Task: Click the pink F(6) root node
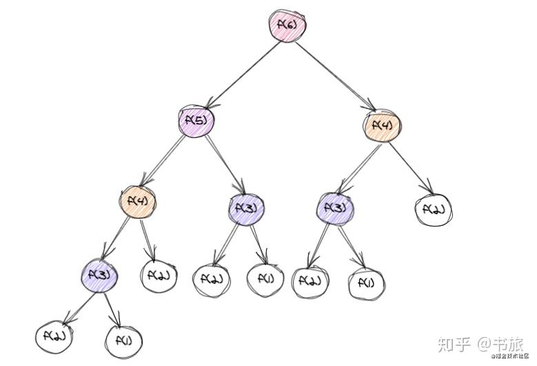[286, 26]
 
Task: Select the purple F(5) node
[196, 122]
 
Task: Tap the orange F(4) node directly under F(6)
[381, 126]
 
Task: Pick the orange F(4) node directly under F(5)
[137, 201]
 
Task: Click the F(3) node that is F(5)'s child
[246, 206]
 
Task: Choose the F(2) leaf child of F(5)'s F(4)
[159, 276]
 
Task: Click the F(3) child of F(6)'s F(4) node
[336, 207]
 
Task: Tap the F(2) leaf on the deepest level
[54, 336]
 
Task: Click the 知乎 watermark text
[456, 343]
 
